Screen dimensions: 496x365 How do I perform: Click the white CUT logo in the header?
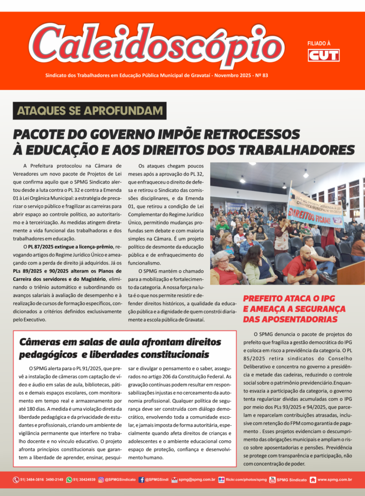tap(323, 55)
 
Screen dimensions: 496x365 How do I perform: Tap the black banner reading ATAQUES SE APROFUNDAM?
tap(90, 110)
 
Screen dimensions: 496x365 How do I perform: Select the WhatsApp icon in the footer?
tap(69, 480)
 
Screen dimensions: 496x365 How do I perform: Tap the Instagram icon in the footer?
tap(101, 480)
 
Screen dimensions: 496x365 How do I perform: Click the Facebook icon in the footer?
tap(141, 480)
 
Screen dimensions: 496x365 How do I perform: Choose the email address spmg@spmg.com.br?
tap(197, 480)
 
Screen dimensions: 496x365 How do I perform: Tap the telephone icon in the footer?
tap(16, 480)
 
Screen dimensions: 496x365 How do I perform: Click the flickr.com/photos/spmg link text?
tap(246, 480)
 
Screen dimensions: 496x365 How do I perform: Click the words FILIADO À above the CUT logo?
tap(319, 43)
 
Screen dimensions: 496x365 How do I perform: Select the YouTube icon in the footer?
tap(273, 480)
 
